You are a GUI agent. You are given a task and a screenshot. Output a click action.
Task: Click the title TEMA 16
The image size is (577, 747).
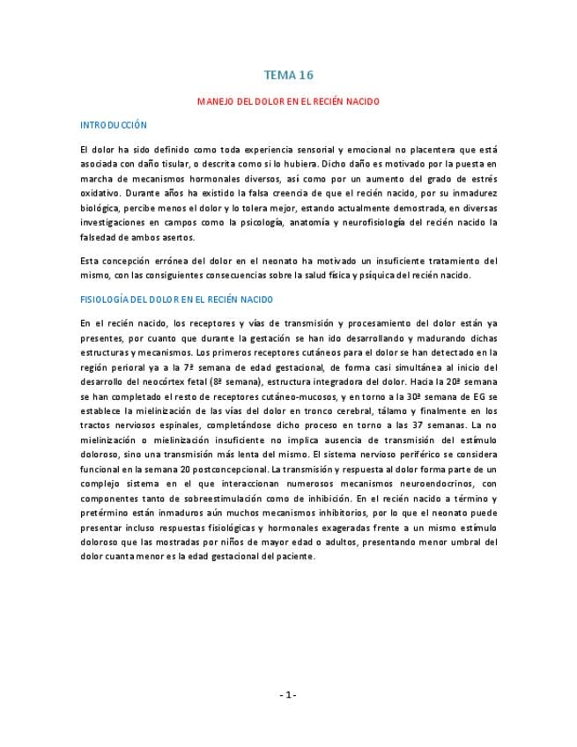click(288, 76)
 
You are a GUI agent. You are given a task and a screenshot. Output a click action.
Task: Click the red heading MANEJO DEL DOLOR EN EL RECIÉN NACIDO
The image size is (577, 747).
click(288, 101)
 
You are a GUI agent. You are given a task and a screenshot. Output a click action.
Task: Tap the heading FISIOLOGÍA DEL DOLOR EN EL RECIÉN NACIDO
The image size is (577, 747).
click(176, 300)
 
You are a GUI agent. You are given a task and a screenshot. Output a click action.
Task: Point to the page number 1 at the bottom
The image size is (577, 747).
click(288, 695)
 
